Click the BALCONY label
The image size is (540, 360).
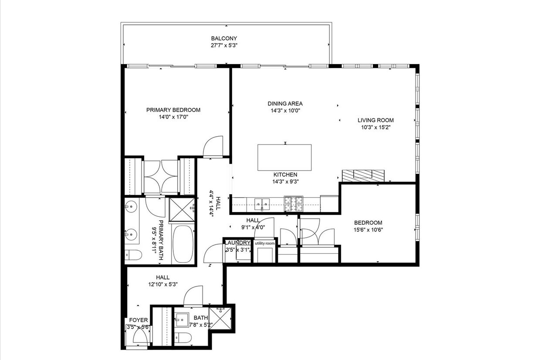tap(224, 38)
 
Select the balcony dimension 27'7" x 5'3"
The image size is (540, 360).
tap(224, 45)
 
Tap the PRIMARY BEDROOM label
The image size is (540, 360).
tap(173, 110)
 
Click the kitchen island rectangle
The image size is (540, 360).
tap(284, 158)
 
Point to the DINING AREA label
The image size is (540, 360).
tap(285, 104)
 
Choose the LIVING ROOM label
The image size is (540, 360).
tap(375, 120)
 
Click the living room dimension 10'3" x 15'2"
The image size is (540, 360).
tap(375, 127)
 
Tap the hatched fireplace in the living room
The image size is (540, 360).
tap(363, 175)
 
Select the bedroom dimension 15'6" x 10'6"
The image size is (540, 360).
tap(368, 230)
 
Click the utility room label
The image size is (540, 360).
tap(264, 243)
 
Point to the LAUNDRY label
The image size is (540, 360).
tap(238, 243)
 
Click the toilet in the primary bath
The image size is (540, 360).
tap(132, 255)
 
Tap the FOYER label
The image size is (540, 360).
tap(138, 320)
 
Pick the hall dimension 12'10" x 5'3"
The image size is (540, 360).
tap(163, 284)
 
